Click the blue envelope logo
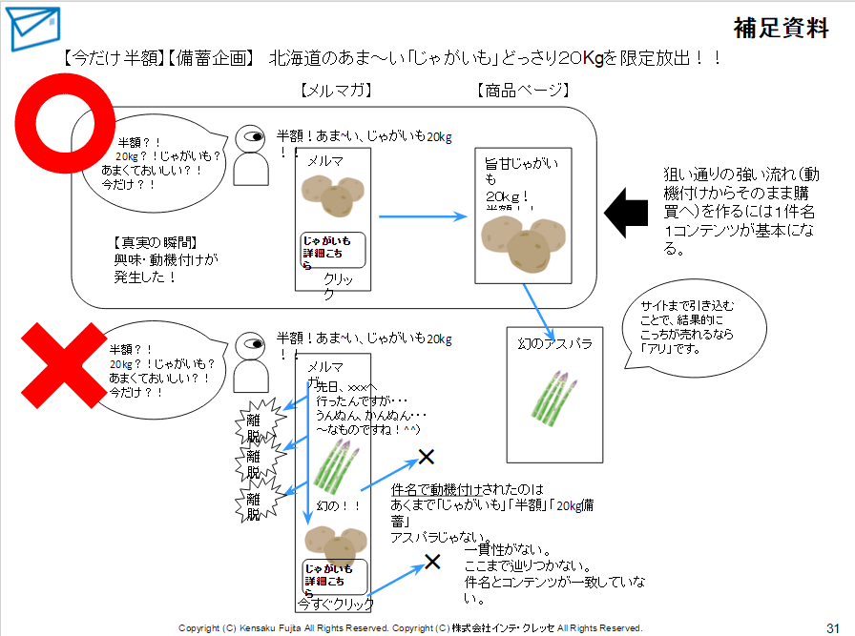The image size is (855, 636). pyautogui.click(x=28, y=29)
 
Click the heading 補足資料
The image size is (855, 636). pyautogui.click(x=781, y=29)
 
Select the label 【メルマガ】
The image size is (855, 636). pyautogui.click(x=333, y=91)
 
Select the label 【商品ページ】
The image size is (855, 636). pyautogui.click(x=521, y=91)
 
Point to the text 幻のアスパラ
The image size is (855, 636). pyautogui.click(x=555, y=343)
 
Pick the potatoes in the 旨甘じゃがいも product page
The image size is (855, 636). pyautogui.click(x=522, y=242)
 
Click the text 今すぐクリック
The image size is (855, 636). pyautogui.click(x=335, y=604)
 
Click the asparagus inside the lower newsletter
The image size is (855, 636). pyautogui.click(x=332, y=466)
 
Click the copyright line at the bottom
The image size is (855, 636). pyautogui.click(x=410, y=627)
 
